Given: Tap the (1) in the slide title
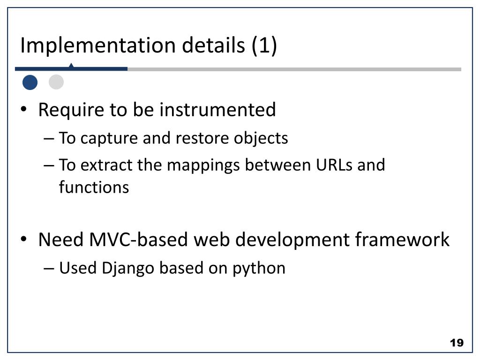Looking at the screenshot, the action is pyautogui.click(x=264, y=46).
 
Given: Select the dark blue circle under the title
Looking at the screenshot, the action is pyautogui.click(x=30, y=82).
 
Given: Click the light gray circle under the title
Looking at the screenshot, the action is pyautogui.click(x=56, y=82).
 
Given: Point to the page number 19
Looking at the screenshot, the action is pyautogui.click(x=456, y=343).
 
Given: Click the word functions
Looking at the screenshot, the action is pyautogui.click(x=94, y=187).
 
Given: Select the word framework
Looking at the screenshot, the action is pyautogui.click(x=402, y=240).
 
